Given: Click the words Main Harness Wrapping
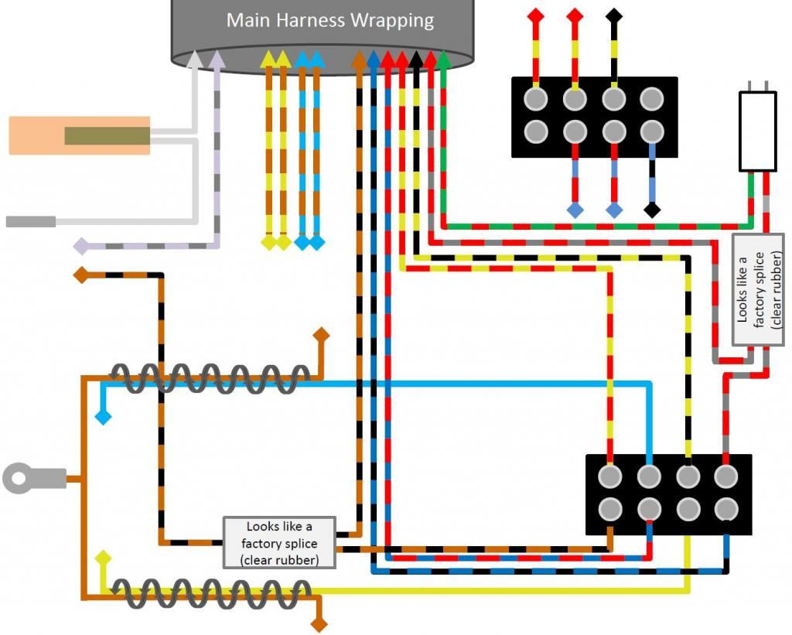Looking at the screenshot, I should pyautogui.click(x=330, y=20).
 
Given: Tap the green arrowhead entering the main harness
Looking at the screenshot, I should pyautogui.click(x=443, y=58).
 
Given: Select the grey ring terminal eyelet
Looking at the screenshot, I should pyautogui.click(x=19, y=478).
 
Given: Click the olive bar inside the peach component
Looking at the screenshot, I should pyautogui.click(x=107, y=136).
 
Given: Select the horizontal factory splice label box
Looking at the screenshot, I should pyautogui.click(x=279, y=542).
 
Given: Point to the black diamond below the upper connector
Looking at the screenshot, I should pyautogui.click(x=652, y=210).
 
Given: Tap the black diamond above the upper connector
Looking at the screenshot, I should pyautogui.click(x=613, y=15).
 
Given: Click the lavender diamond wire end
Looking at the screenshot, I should pyautogui.click(x=80, y=247).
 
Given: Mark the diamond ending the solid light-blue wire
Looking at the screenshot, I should pyautogui.click(x=102, y=418).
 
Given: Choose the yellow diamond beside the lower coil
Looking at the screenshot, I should pyautogui.click(x=102, y=558).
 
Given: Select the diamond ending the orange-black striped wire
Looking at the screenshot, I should pyautogui.click(x=80, y=274).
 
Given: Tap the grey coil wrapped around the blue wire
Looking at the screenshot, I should pyautogui.click(x=205, y=378).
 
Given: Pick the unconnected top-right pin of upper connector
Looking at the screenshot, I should pyautogui.click(x=652, y=98).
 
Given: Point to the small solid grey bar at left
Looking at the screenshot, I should pyautogui.click(x=30, y=222).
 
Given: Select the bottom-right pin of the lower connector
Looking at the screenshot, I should pyautogui.click(x=725, y=508).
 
